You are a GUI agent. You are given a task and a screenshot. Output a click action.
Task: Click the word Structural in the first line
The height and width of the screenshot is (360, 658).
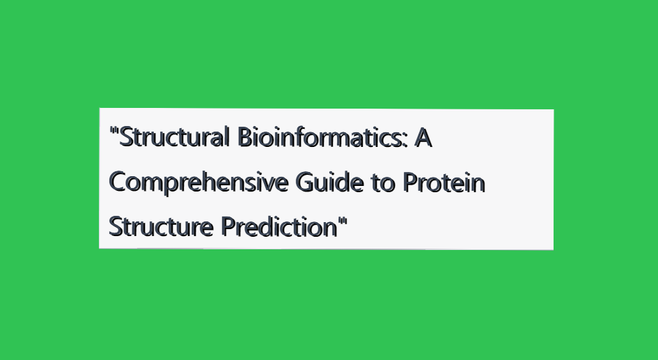tap(174, 136)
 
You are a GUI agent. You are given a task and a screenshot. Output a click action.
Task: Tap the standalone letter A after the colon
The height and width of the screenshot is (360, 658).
tap(423, 138)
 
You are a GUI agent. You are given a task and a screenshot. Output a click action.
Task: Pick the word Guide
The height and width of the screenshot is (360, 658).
tap(329, 182)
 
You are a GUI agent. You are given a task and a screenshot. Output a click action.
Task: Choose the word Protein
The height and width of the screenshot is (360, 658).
tap(444, 182)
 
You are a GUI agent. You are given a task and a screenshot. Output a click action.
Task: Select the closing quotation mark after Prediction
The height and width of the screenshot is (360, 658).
tap(343, 221)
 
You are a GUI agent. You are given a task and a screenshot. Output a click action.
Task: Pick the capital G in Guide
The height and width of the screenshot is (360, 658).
tap(305, 182)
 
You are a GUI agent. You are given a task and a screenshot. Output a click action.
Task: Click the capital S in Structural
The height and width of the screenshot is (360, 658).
tap(126, 138)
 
